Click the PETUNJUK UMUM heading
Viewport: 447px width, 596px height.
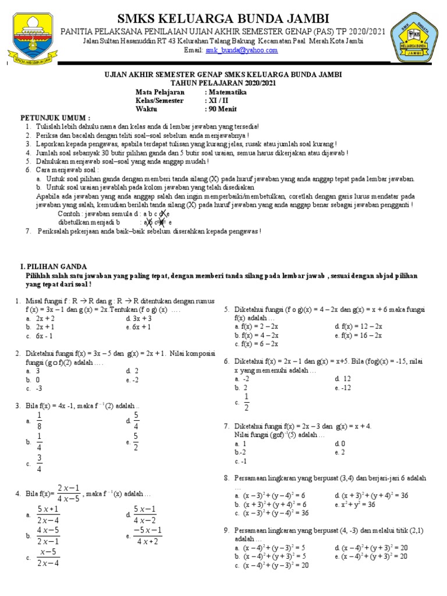(x=56, y=117)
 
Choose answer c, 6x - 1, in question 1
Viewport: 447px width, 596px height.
(x=44, y=336)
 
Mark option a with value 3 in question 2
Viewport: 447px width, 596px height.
(x=38, y=370)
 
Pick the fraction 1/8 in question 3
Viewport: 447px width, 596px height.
(x=39, y=420)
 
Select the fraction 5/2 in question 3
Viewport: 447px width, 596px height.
(x=136, y=442)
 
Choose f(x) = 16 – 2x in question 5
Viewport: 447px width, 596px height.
(x=361, y=335)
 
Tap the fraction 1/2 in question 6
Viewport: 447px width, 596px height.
(x=246, y=402)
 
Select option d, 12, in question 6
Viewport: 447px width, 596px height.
(x=345, y=378)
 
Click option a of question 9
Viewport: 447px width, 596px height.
(x=270, y=548)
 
